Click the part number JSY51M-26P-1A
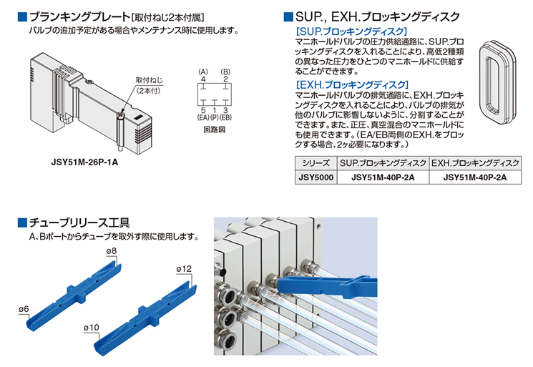point(84,162)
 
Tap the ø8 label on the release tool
point(111,251)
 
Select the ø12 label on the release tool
point(184,269)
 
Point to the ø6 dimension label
point(24,309)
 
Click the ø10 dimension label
point(91,328)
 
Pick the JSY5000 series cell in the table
point(316,177)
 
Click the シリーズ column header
point(316,163)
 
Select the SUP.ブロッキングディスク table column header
point(383,163)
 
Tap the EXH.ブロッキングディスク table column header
point(475,163)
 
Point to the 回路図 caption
point(215,129)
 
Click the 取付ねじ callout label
point(150,80)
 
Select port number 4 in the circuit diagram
point(203,79)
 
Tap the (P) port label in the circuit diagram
point(214,117)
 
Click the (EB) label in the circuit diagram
point(225,117)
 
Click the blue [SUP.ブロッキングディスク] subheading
point(351,31)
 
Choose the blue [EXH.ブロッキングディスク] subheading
point(352,84)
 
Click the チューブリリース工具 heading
point(79,222)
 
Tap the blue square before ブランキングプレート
point(22,17)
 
